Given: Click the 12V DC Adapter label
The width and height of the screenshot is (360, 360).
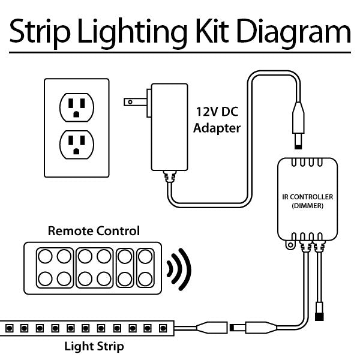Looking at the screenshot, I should [218, 119].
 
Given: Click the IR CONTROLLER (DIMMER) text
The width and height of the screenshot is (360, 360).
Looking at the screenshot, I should [307, 200].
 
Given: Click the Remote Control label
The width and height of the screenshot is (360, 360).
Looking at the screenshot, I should [94, 230].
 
